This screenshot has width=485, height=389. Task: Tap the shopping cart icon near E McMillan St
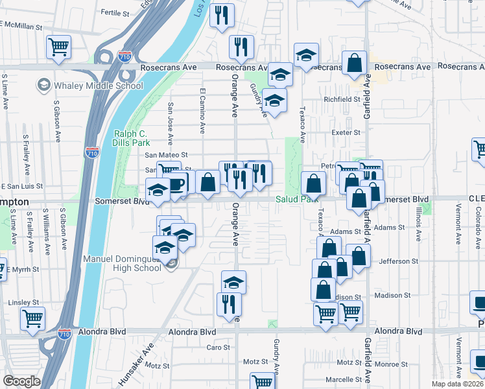tap(58, 47)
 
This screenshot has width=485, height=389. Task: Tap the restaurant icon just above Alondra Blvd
tap(228, 303)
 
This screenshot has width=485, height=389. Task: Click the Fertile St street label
tap(116, 12)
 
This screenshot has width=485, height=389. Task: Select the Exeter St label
tap(346, 132)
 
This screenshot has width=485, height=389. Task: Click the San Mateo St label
tap(165, 155)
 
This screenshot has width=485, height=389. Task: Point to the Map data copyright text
tap(457, 384)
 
